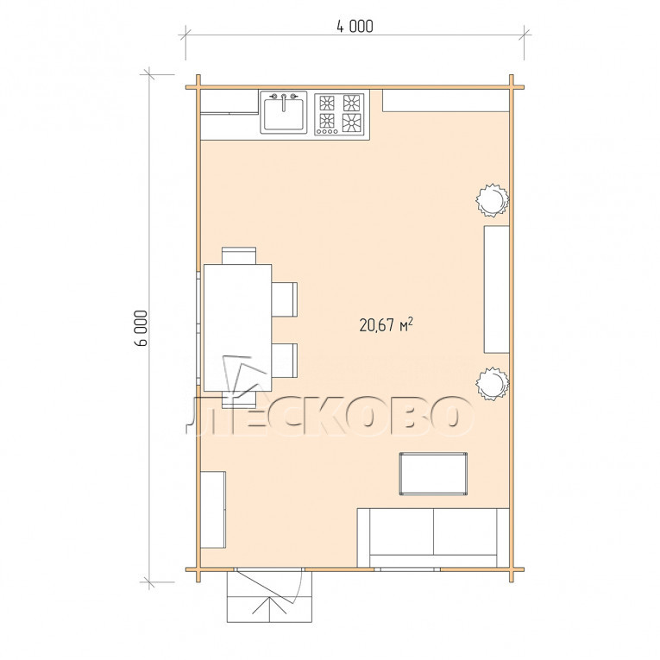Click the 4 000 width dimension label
coord(355,27)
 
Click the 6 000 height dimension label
coord(141,328)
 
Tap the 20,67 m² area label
coord(386,325)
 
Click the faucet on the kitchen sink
coord(283,101)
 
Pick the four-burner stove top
coord(339,114)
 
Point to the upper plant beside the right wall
coord(492,200)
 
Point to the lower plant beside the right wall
coord(492,383)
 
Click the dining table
coord(237,328)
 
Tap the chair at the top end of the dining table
coord(239,255)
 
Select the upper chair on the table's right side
coord(285,299)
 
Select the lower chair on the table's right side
coord(285,361)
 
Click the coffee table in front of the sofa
coord(433,474)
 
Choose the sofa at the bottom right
coord(433,537)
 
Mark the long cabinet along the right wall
coord(497,289)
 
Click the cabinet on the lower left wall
coord(213,510)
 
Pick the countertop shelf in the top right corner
coord(446,101)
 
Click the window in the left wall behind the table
coord(198,329)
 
